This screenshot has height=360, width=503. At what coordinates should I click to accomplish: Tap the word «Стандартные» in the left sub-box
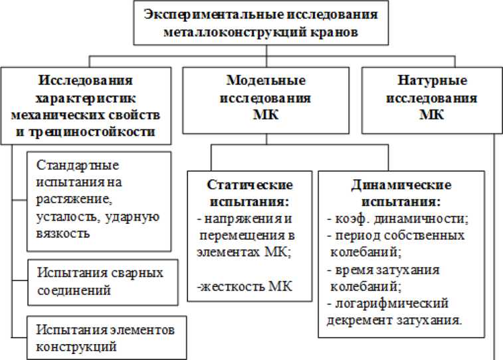[x=73, y=165]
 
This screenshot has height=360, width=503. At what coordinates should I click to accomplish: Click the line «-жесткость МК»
[x=241, y=286]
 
